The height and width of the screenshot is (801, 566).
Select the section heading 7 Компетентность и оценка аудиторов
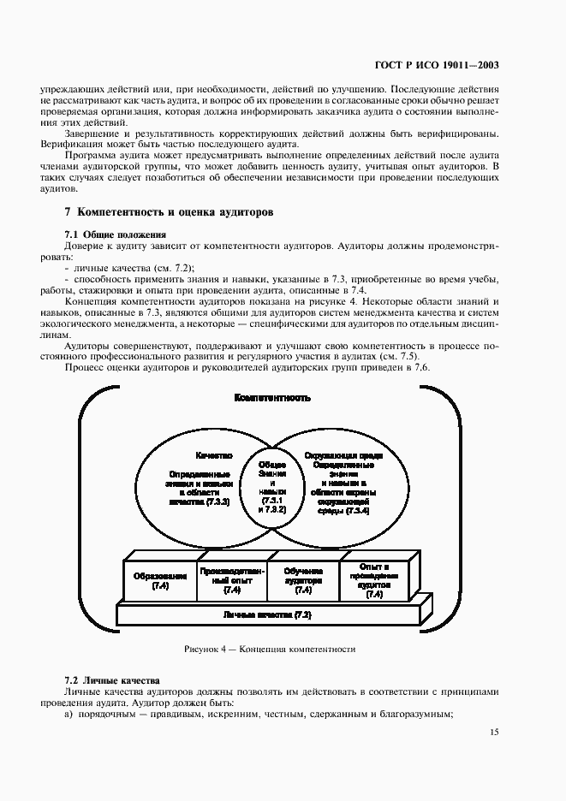169,213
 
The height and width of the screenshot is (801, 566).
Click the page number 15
495,732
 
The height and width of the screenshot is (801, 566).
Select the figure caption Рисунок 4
270,650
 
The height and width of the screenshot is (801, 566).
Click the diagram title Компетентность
272,398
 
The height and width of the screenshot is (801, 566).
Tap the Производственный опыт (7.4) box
232,580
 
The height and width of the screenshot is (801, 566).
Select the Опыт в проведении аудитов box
374,579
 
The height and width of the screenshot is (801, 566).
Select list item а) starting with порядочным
257,715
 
